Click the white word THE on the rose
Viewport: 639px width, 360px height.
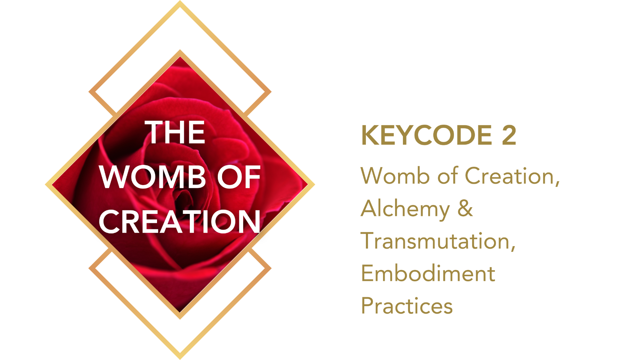coord(175,132)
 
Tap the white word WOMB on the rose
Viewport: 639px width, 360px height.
coord(153,177)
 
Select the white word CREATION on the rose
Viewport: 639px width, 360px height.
coord(180,222)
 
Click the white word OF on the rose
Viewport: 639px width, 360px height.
coord(238,177)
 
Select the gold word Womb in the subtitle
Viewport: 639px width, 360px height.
coord(395,176)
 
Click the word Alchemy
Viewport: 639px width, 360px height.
coord(405,210)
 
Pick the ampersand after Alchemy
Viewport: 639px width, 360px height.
coord(465,208)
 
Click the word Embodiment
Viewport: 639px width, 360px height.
coord(428,273)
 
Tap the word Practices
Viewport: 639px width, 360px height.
coord(407,306)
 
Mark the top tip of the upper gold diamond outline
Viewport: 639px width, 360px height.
coord(180,1)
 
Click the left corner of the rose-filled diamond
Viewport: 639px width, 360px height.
coord(46,185)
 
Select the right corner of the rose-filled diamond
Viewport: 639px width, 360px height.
coord(314,185)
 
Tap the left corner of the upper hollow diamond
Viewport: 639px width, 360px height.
coord(89,92)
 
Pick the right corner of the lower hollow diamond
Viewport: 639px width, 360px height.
coord(271,268)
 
